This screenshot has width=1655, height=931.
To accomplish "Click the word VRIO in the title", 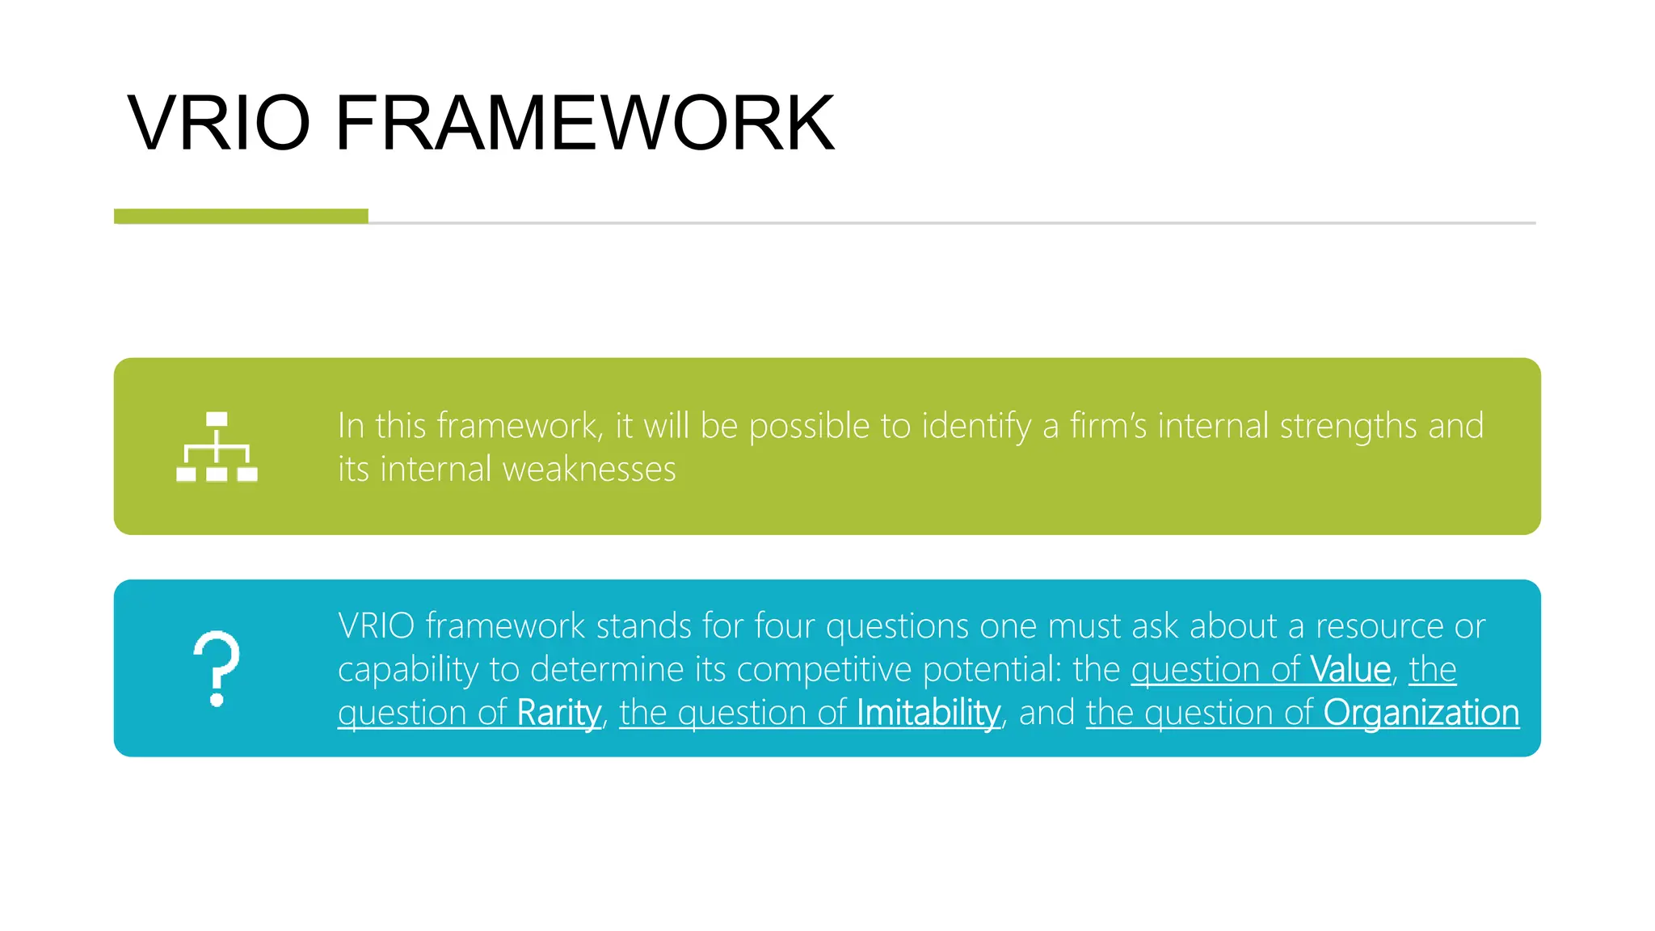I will click(x=218, y=123).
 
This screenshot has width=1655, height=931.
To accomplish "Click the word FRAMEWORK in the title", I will click(x=584, y=123).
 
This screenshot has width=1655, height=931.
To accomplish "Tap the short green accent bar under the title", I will click(x=241, y=216).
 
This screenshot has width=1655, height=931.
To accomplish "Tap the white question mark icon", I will click(x=217, y=668).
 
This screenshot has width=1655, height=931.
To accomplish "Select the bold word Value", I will click(x=1350, y=669).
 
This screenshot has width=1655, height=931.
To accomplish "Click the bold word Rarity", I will click(x=559, y=713).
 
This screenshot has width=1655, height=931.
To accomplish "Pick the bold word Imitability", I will click(x=929, y=713).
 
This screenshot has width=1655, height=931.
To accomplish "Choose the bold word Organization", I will click(x=1421, y=713).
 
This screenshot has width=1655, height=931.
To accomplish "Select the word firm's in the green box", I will click(x=1108, y=426).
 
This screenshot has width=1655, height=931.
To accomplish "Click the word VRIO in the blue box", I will click(x=376, y=626).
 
